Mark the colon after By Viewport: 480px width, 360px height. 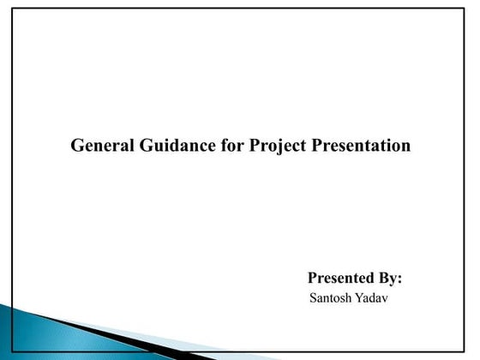401,280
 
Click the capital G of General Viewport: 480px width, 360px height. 76,146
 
